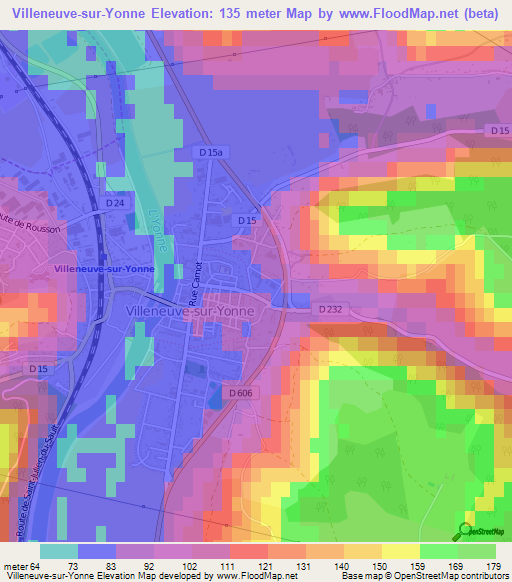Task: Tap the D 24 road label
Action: coord(116,204)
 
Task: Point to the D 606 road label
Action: coord(240,393)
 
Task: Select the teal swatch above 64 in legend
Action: coord(58,551)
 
